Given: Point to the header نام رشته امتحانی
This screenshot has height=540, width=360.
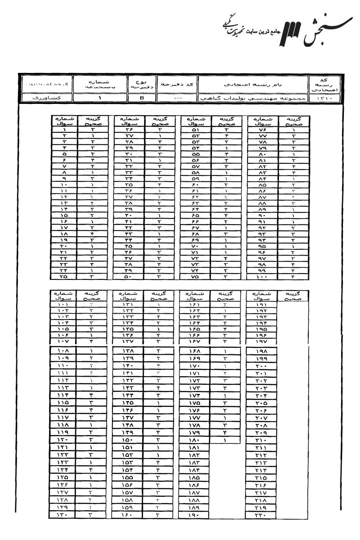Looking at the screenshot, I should pos(252,84).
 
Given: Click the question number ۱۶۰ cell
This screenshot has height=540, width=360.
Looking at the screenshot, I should pos(127,514).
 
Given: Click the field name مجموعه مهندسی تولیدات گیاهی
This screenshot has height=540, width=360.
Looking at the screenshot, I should pos(252,97).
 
